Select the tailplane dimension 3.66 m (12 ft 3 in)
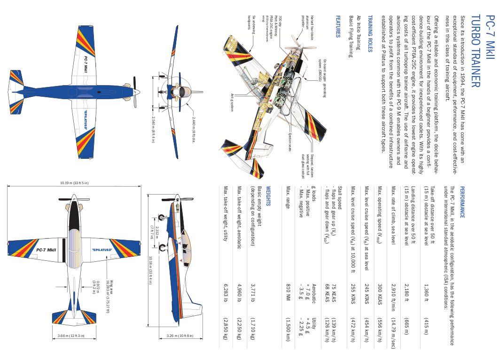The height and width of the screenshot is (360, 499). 71,336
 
